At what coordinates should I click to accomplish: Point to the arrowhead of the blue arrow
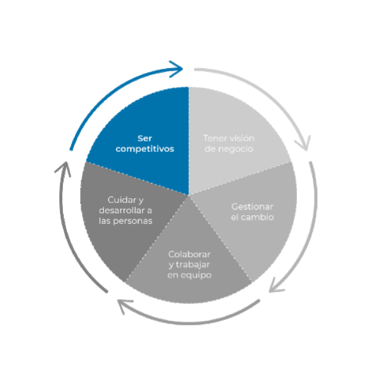[x=177, y=69]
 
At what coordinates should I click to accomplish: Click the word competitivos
[x=145, y=149]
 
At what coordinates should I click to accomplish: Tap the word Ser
[x=145, y=138]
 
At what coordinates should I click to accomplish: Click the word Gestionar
[x=252, y=207]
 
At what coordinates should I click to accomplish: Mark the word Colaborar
[x=189, y=254]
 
